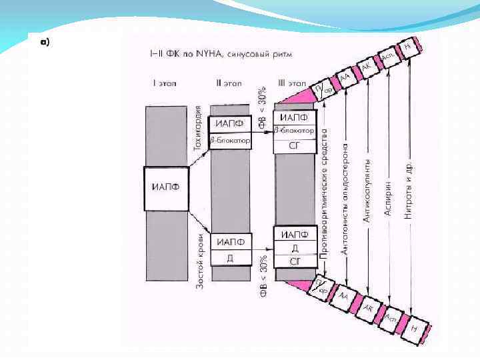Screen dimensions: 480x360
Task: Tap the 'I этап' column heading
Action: tap(163, 83)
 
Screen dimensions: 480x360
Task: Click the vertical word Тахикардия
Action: tap(198, 126)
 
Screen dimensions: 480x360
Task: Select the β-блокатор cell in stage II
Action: tap(230, 141)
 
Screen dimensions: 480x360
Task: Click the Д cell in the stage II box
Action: tap(230, 257)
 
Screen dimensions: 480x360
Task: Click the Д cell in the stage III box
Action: tap(294, 247)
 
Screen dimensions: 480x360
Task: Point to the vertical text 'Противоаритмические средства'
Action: tap(324, 193)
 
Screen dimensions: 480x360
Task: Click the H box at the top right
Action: tap(407, 47)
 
